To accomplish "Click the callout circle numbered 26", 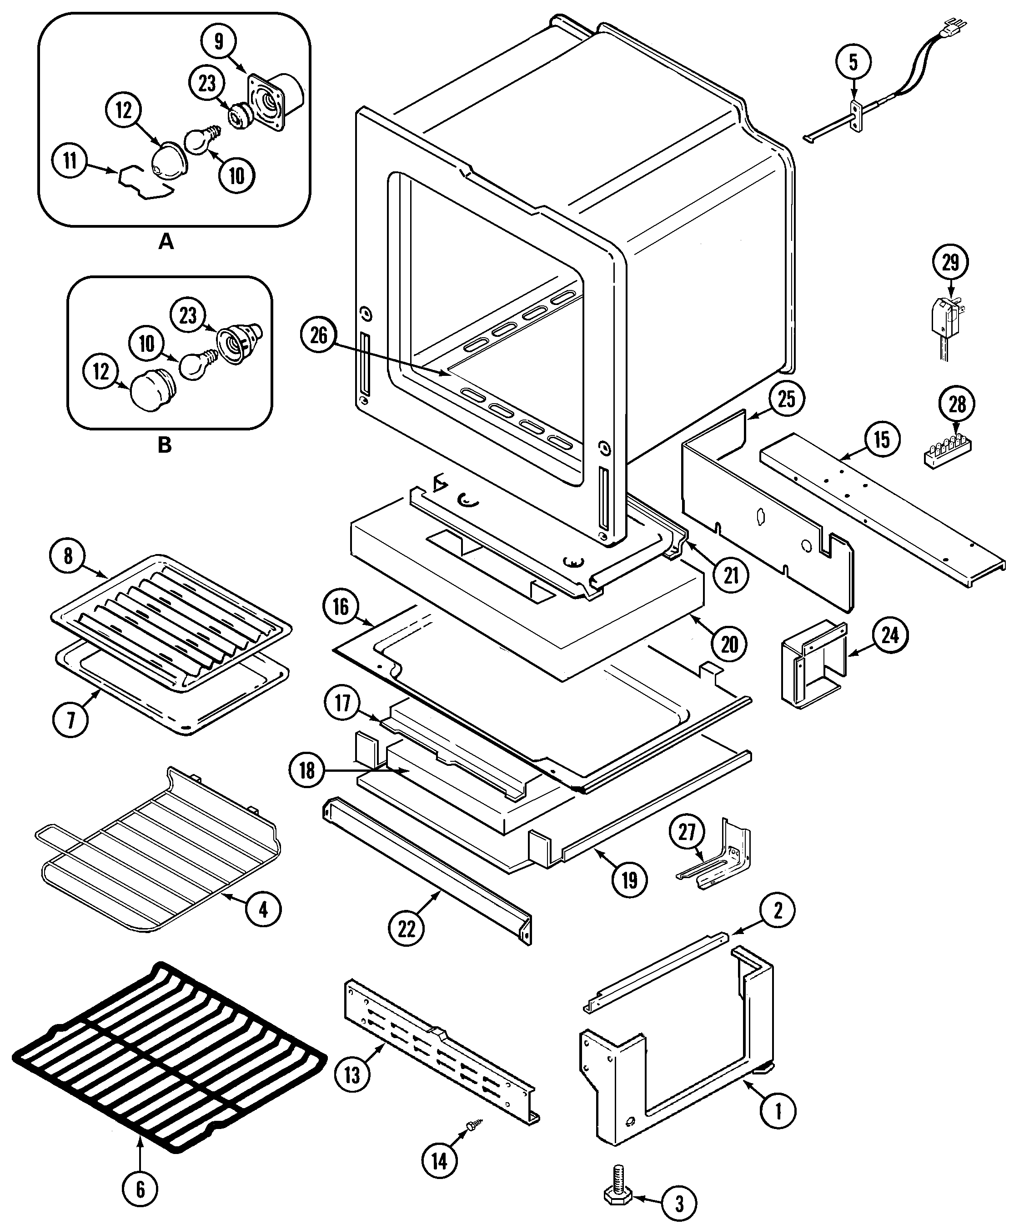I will click(x=319, y=336).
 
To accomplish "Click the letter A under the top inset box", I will click(x=166, y=241).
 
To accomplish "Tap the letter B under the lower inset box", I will click(x=165, y=445).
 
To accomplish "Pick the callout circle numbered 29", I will click(x=951, y=263).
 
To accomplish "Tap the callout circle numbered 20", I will click(x=729, y=644).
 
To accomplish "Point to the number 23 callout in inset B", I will click(x=188, y=316).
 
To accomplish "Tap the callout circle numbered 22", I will click(x=407, y=929).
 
